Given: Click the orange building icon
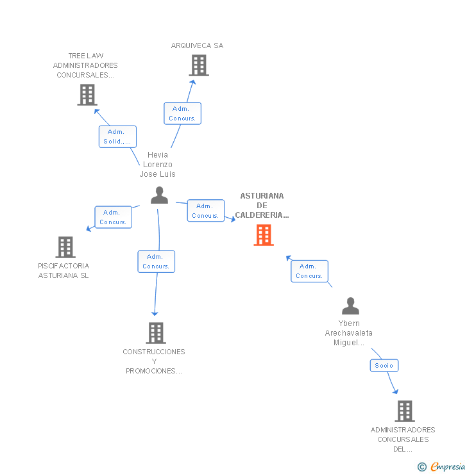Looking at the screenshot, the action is pos(264,235).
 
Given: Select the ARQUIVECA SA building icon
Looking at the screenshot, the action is pos(199,65).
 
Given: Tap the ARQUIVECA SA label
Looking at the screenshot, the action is pos(197,45).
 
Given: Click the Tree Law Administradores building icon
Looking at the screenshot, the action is pos(87,95).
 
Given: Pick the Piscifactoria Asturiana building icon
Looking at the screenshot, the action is pos(65,247).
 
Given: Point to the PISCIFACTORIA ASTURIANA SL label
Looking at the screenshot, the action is pos(64,270).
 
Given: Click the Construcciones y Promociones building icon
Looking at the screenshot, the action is pos(156,333).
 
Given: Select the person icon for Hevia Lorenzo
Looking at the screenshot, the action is pos(159,195).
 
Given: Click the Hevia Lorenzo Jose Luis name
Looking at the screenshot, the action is pos(157,165).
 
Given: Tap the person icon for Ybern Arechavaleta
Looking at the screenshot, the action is pos(350,306).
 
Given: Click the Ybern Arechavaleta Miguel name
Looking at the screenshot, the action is pos(349,333).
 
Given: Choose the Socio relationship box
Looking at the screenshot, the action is pos(384,366).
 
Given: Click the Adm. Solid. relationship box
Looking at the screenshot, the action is pos(117,136).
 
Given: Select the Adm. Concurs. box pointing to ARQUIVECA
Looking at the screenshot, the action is pos(183,113).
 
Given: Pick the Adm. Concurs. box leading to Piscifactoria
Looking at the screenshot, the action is pos(113,217).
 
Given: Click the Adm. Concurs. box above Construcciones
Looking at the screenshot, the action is pos(156,261).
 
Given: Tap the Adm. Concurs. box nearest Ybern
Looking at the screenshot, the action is pos(309,271).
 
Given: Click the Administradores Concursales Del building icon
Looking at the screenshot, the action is pos(405,411).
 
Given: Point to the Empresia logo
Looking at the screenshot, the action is pos(441,467).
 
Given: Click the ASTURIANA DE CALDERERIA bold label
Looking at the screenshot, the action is pos(262,206).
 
